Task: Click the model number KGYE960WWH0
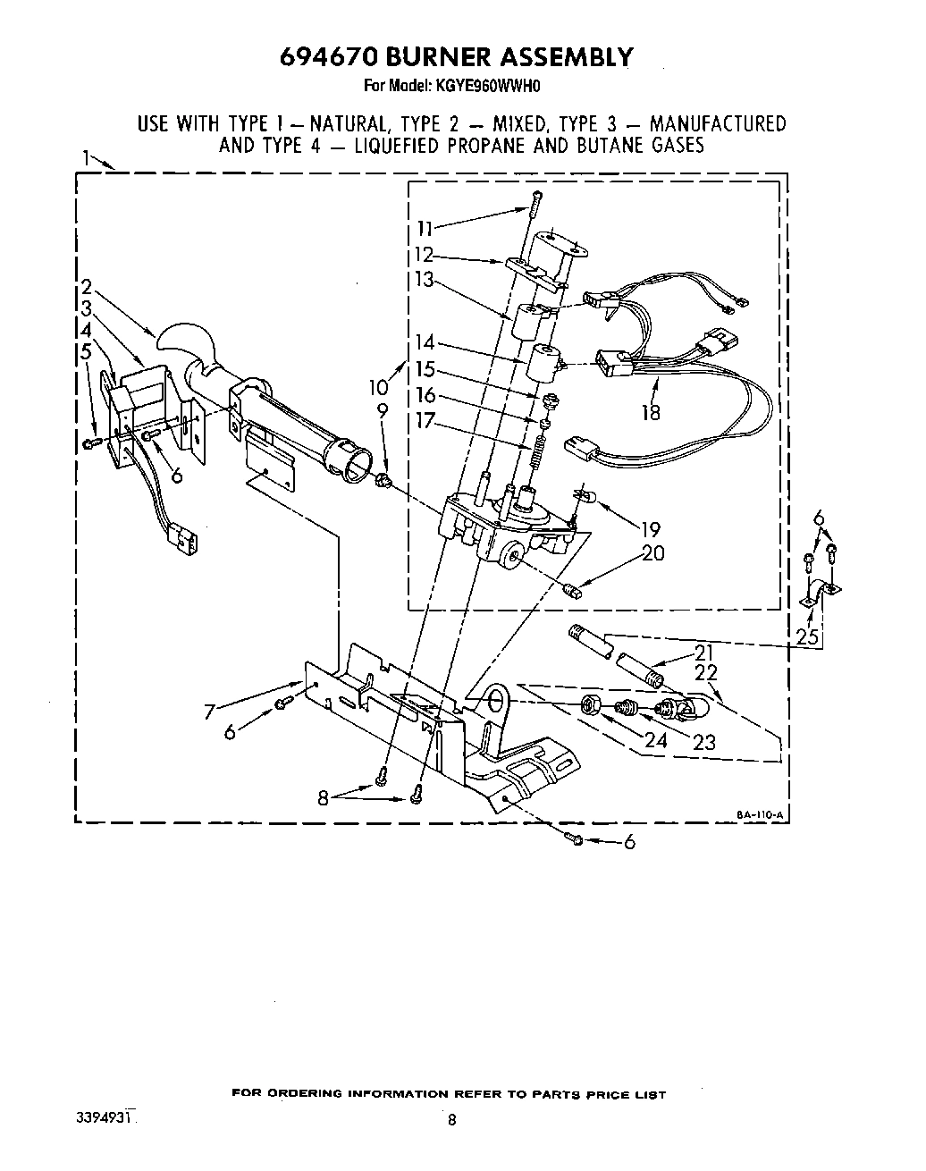coord(491,88)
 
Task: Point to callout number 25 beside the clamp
coord(808,636)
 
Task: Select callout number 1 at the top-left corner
coord(87,158)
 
